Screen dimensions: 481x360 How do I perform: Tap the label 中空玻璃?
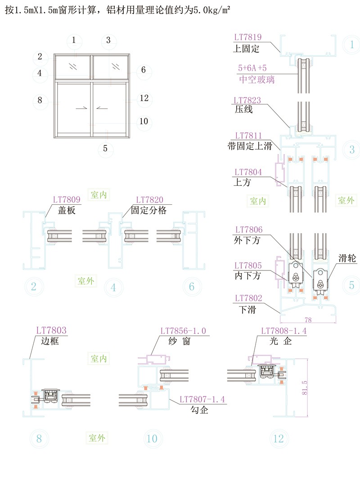tap(256, 80)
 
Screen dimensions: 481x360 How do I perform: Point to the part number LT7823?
tap(247, 100)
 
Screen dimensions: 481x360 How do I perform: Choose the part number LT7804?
tap(247, 172)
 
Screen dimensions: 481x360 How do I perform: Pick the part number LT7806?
tap(247, 230)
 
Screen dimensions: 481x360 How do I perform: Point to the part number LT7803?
tap(51, 331)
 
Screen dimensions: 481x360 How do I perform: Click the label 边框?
tap(49, 341)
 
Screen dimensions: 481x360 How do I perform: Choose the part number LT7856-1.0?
tap(183, 331)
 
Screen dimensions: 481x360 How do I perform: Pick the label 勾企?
tap(199, 409)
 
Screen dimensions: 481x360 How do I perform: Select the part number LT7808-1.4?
tap(285, 331)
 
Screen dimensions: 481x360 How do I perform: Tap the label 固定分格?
tap(149, 210)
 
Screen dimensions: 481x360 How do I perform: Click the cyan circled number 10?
tap(153, 438)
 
